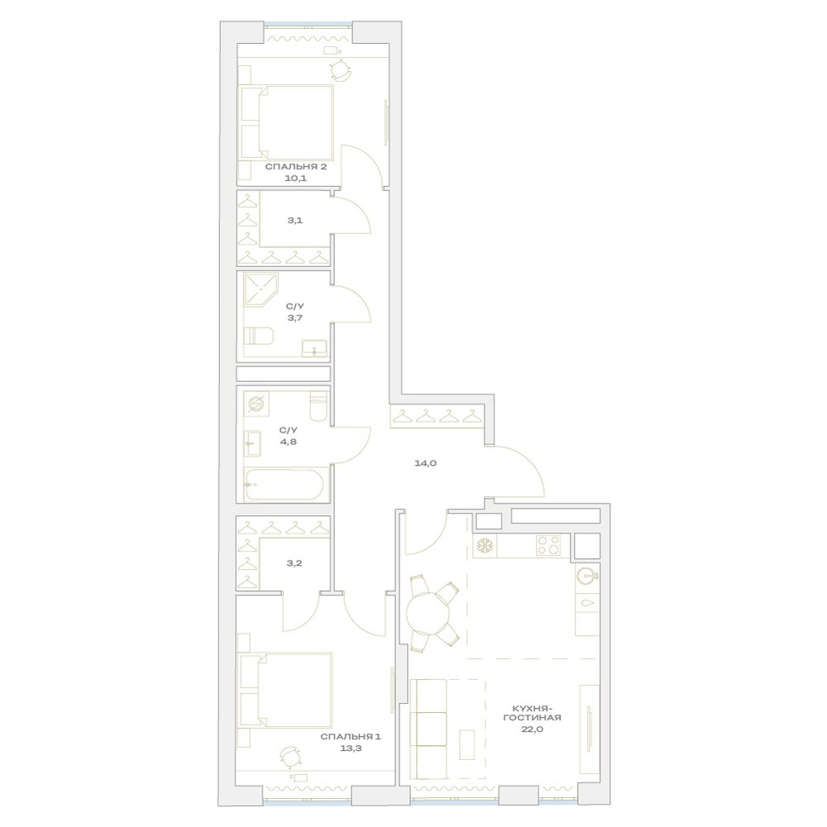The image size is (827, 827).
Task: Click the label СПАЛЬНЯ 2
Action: [x=295, y=167]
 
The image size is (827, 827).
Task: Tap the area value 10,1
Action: [x=295, y=179]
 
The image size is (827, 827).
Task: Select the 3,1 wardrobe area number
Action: [x=295, y=221]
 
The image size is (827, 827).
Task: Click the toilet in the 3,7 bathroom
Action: [x=258, y=336]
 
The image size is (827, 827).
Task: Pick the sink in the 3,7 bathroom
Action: [x=314, y=348]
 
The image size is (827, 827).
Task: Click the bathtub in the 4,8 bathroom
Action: [x=284, y=484]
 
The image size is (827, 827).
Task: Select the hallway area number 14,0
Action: [x=425, y=464]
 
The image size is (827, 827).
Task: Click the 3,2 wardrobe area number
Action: [x=294, y=563]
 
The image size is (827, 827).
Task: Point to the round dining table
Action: [x=428, y=614]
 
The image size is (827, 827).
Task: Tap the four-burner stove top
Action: [x=548, y=545]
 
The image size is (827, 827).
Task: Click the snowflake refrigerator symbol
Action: [x=483, y=545]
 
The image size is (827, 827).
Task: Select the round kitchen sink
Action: [x=586, y=575]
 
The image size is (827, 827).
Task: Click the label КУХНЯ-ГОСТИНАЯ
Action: [x=532, y=713]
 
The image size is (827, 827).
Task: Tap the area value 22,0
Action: [x=532, y=729]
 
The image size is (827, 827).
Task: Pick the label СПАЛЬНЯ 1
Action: [x=351, y=737]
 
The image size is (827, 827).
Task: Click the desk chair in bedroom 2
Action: [x=340, y=70]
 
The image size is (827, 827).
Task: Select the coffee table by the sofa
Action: [x=466, y=745]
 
